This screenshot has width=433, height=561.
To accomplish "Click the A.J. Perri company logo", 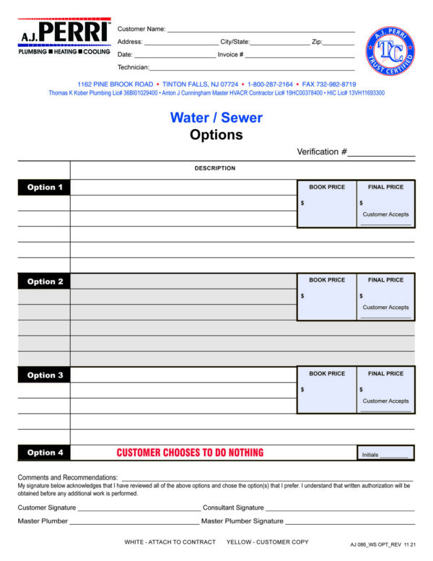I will pyautogui.click(x=64, y=38).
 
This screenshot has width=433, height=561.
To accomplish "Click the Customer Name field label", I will pyautogui.click(x=141, y=29).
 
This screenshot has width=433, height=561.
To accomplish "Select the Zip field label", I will pyautogui.click(x=317, y=42).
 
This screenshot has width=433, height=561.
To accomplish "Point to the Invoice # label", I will pyautogui.click(x=230, y=55).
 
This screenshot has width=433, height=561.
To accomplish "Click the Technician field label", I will pyautogui.click(x=133, y=67).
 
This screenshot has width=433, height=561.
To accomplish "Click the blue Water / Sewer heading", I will pyautogui.click(x=216, y=118).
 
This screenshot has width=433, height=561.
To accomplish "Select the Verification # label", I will pyautogui.click(x=322, y=152).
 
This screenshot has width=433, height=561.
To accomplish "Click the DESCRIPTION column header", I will pyautogui.click(x=214, y=168).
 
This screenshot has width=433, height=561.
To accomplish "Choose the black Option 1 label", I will pyautogui.click(x=45, y=188).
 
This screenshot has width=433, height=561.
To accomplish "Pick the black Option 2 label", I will pyautogui.click(x=45, y=282).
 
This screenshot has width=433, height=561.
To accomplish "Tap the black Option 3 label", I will pyautogui.click(x=45, y=375).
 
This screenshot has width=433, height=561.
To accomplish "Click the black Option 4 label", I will pyautogui.click(x=45, y=453).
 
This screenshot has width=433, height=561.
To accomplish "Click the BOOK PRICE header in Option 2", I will pyautogui.click(x=327, y=280).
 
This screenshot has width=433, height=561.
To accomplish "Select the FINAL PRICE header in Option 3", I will pyautogui.click(x=385, y=374).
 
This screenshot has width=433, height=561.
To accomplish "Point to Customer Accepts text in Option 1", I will pyautogui.click(x=385, y=214).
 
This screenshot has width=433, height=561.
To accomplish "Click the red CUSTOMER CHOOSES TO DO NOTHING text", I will pyautogui.click(x=190, y=453).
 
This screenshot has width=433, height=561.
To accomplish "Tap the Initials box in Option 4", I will pyautogui.click(x=385, y=454).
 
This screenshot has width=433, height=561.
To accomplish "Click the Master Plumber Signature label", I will pyautogui.click(x=242, y=521).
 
